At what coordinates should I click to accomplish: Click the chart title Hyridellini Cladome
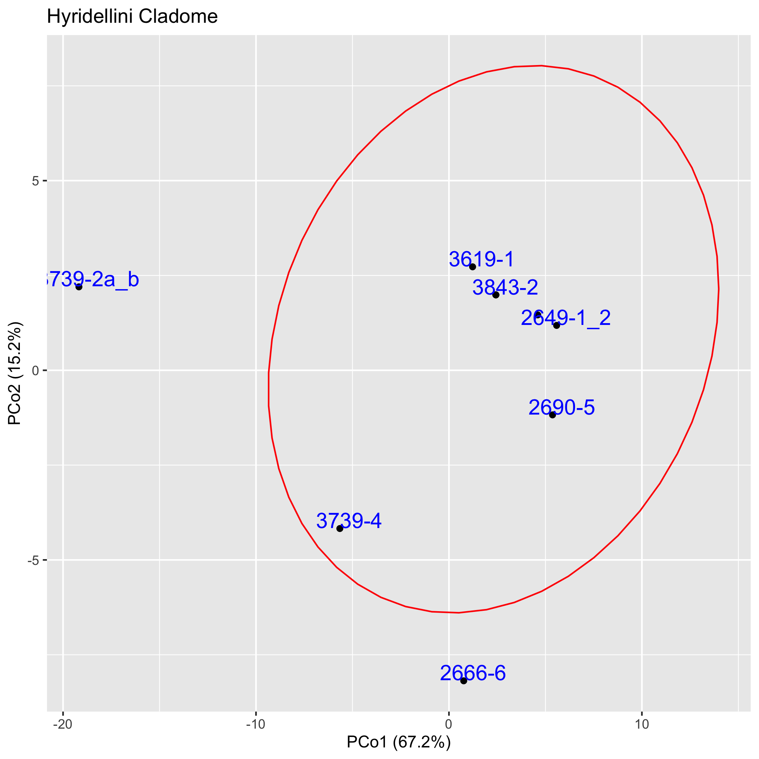coord(132,17)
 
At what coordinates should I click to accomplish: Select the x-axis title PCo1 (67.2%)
coord(398,742)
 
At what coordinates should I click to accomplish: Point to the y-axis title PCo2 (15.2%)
coord(15,373)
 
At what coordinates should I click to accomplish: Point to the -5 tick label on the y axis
coord(34,560)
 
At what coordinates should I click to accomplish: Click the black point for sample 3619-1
coord(473,267)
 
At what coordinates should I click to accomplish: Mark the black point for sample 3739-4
coord(340,528)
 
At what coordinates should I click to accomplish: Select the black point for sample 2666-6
coord(464,681)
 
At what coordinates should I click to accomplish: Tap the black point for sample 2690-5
coord(552,415)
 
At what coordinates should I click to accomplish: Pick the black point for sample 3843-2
coord(496,295)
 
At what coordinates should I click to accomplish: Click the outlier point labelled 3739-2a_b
coord(79,287)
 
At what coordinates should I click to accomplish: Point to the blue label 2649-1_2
coord(566,318)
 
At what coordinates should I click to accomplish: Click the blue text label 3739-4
coord(349,521)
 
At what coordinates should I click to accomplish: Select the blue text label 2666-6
coord(473,673)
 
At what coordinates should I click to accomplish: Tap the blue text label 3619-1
coord(481,259)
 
